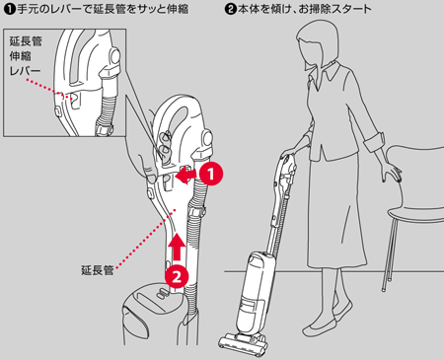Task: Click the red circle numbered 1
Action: (x=211, y=174)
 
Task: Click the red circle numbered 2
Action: (x=177, y=276)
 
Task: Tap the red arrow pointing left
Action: (x=187, y=175)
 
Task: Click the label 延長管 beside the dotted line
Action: (x=98, y=270)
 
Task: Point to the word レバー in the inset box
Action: (x=25, y=71)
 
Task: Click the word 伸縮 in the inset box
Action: (x=21, y=56)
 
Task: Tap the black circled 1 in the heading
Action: (x=10, y=9)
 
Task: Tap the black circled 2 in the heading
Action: (x=231, y=9)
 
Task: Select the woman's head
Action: (x=317, y=43)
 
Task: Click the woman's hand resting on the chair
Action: (x=393, y=173)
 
